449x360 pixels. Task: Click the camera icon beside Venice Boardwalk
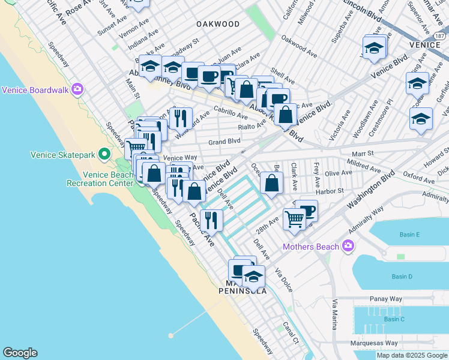tap(77, 90)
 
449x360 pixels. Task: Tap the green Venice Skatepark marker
tap(104, 155)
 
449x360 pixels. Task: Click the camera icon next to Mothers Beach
tap(347, 245)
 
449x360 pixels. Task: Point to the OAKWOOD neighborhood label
tap(217, 24)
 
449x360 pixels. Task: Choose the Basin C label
tap(394, 319)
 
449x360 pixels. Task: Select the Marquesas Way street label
tap(375, 343)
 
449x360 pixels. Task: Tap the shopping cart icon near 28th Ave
tap(294, 219)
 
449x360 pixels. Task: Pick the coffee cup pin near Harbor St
tap(306, 211)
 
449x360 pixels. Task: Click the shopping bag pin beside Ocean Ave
tap(272, 183)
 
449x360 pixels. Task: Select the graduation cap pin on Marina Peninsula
tap(254, 277)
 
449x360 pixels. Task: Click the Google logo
tap(20, 353)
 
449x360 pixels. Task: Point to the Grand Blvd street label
tap(224, 142)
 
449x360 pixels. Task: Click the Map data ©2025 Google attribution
tap(411, 355)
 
